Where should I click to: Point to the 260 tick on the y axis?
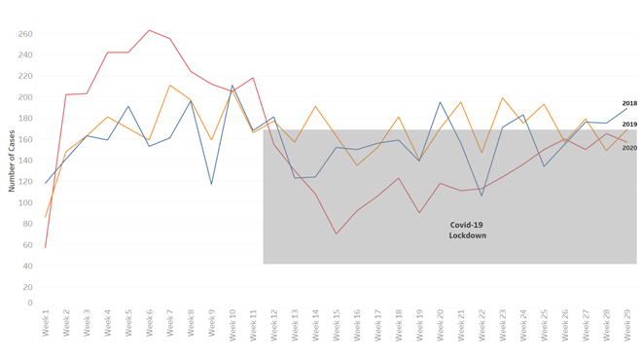(x=25, y=34)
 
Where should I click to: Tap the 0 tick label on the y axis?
(x=29, y=303)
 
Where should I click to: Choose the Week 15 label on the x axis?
(x=337, y=323)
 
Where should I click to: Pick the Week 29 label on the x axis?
(x=627, y=323)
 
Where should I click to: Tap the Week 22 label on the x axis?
(x=481, y=323)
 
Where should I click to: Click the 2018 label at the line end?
(x=629, y=103)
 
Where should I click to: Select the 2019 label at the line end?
(x=629, y=125)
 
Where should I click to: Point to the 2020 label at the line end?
(x=629, y=148)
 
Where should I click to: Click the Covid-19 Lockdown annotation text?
(x=467, y=230)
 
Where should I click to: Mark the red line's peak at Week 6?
(x=149, y=30)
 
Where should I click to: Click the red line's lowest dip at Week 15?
(x=337, y=234)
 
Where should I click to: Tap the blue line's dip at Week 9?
(x=211, y=184)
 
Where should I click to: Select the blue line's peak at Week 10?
(x=232, y=86)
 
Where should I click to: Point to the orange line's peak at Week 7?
(x=170, y=86)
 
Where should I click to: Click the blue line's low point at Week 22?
(x=481, y=196)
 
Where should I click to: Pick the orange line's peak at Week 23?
(x=503, y=97)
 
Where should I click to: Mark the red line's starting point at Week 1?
(x=46, y=247)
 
